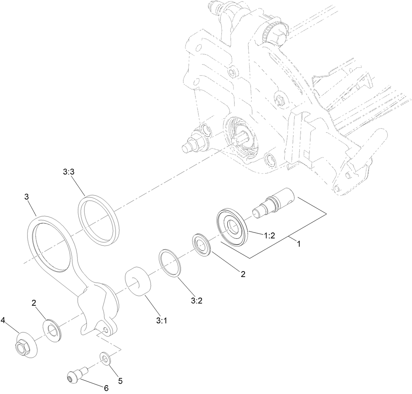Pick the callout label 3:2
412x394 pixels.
(197, 301)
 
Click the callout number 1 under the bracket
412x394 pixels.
(299, 244)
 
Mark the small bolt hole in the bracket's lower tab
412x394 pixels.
(106, 330)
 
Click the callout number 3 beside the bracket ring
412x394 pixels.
(26, 197)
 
